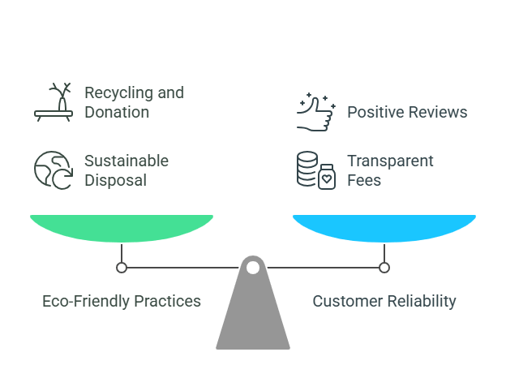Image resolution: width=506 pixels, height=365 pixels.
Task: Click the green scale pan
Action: tap(122, 227)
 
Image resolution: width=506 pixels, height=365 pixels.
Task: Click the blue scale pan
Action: tap(384, 227)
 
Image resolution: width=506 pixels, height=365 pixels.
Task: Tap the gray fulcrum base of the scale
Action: tap(253, 316)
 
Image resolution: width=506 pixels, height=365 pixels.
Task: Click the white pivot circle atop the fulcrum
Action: tap(253, 267)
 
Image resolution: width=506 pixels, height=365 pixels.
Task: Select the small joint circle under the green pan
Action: tap(122, 267)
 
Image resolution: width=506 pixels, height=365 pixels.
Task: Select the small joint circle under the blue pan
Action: tap(384, 267)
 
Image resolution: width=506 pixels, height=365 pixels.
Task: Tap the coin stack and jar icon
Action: tap(315, 170)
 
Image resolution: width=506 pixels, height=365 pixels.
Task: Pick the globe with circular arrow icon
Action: tap(54, 170)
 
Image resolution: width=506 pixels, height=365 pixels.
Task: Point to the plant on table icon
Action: tap(54, 101)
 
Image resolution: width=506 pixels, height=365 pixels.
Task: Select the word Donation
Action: tap(117, 112)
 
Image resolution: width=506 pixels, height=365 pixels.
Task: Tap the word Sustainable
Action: tap(126, 161)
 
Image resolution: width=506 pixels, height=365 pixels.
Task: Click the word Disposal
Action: tap(116, 180)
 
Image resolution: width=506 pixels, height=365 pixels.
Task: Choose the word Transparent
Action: tap(390, 161)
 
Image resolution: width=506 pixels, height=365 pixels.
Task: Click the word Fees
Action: tap(365, 180)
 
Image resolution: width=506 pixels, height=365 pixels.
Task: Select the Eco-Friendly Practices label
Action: tap(122, 301)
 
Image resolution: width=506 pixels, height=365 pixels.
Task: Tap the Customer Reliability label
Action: tap(384, 301)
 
